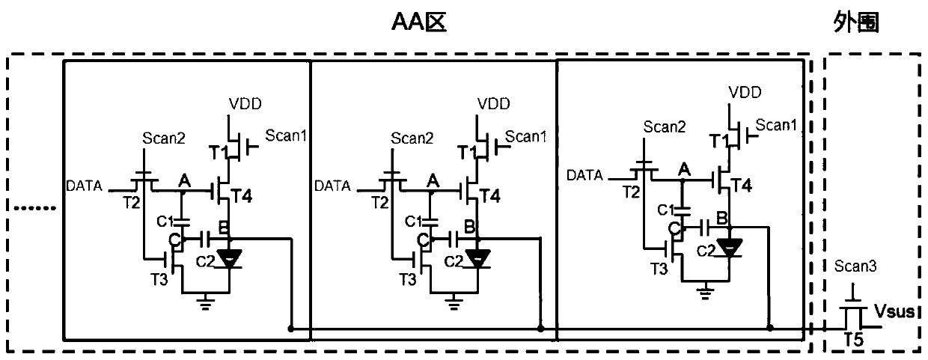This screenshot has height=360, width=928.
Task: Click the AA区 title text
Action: pos(419,22)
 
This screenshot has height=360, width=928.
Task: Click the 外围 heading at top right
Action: pos(856,22)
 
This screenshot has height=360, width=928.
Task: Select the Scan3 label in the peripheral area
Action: pos(855,266)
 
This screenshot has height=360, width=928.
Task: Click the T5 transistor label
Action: pos(854,340)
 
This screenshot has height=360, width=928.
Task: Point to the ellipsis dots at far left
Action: pos(34,208)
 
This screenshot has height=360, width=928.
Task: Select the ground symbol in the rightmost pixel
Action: pos(705,293)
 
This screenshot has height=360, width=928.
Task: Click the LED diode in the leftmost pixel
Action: pos(229,258)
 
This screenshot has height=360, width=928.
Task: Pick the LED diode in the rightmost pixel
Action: pos(729,248)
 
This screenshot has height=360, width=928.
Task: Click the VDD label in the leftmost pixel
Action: pos(245,103)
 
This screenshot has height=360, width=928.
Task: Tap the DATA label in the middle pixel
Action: pos(332,186)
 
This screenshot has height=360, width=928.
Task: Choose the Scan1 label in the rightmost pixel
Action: pos(776,125)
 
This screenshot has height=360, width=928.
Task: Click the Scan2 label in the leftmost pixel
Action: pos(164,138)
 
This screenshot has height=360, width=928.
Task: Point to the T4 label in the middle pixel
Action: pos(489,195)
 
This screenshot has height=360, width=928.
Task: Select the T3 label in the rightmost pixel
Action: pos(659,269)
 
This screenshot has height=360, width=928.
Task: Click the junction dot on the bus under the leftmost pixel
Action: pos(291,329)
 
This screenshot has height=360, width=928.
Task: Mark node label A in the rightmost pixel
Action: pos(684,169)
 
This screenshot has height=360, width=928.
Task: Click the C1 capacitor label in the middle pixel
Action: pos(413,222)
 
